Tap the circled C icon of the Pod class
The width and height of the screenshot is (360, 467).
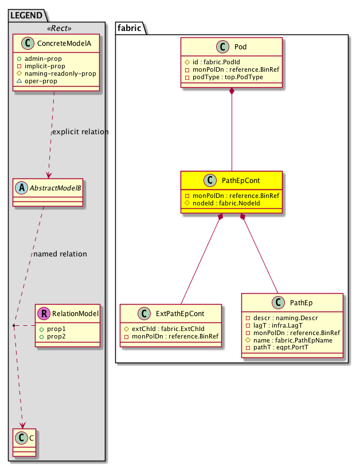pos(221,46)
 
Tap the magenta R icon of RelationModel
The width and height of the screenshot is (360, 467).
pos(43,313)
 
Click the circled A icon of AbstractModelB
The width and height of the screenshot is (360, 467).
pos(21,186)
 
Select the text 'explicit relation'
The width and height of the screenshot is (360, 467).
pos(80,132)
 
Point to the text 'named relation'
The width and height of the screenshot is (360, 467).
pos(60,254)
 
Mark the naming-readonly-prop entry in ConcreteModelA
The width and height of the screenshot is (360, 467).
pos(62,73)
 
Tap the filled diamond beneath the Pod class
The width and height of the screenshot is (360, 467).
pos(232,92)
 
